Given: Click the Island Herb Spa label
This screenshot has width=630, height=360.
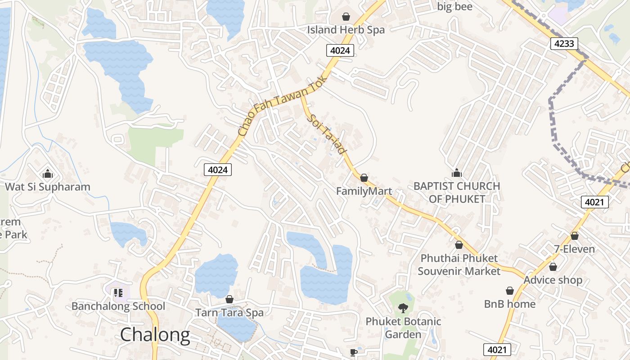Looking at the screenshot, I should [x=346, y=30].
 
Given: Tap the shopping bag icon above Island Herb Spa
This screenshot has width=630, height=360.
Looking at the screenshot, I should [x=346, y=17].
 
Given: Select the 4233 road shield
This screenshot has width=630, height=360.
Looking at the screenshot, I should [x=564, y=43].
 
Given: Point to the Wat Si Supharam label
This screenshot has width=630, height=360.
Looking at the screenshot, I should [x=48, y=187].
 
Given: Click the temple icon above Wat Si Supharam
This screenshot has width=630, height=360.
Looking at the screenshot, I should [x=47, y=174].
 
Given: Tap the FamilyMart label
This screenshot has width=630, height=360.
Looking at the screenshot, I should [x=364, y=191].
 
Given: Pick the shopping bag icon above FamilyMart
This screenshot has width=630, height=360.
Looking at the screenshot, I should [x=364, y=178].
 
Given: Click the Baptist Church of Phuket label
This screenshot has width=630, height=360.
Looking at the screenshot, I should [x=457, y=192].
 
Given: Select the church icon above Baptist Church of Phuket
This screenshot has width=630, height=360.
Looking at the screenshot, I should [x=457, y=173].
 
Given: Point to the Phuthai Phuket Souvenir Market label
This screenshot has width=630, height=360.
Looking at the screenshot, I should [x=459, y=265].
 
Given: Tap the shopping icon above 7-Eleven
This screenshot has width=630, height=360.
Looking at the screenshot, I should [x=575, y=236].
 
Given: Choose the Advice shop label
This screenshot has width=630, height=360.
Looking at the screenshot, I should [x=553, y=280].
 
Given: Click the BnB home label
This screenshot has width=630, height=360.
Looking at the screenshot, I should [x=510, y=304].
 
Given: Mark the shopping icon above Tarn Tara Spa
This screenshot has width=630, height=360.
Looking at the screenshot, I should [x=229, y=299].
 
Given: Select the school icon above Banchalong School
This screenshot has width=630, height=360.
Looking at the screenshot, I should [x=118, y=293].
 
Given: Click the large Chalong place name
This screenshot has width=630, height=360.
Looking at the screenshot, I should [x=155, y=335].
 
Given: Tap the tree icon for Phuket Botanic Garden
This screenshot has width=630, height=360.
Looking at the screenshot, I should [x=403, y=308].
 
